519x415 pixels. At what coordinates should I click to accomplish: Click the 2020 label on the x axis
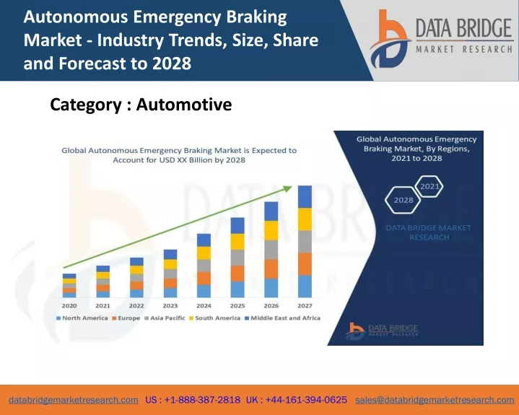pos(69,306)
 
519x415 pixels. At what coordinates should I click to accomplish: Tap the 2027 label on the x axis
pos(305,306)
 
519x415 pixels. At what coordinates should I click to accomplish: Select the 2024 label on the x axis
pos(204,306)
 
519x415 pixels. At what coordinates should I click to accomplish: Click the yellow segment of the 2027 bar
pos(305,219)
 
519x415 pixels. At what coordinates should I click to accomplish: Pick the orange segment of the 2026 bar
pos(271,268)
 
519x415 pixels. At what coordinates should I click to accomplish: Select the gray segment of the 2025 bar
pos(237,258)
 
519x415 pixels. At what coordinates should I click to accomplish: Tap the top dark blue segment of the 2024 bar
pos(204,240)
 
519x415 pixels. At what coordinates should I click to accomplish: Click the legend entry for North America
pos(82,318)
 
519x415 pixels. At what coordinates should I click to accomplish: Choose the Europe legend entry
pos(126,318)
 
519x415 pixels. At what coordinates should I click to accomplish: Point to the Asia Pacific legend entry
pos(165,318)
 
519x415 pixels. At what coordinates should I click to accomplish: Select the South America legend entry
pos(214,318)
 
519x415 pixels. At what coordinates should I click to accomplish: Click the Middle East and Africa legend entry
pos(282,318)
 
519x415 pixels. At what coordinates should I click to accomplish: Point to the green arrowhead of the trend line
pos(287,188)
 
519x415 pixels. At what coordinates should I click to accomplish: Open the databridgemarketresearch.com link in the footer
pos(74,400)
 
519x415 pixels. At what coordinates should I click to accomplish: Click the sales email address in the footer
pos(435,400)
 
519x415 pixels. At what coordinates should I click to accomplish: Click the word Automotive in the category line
pos(184,105)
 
